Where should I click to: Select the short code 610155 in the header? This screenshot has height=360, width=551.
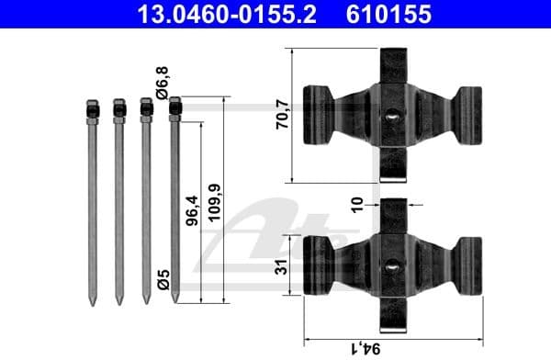point(387,15)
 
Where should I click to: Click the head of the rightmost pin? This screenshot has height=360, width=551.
point(174,109)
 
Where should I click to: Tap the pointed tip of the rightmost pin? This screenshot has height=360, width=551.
point(174,299)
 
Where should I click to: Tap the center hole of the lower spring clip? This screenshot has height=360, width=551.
point(392,267)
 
